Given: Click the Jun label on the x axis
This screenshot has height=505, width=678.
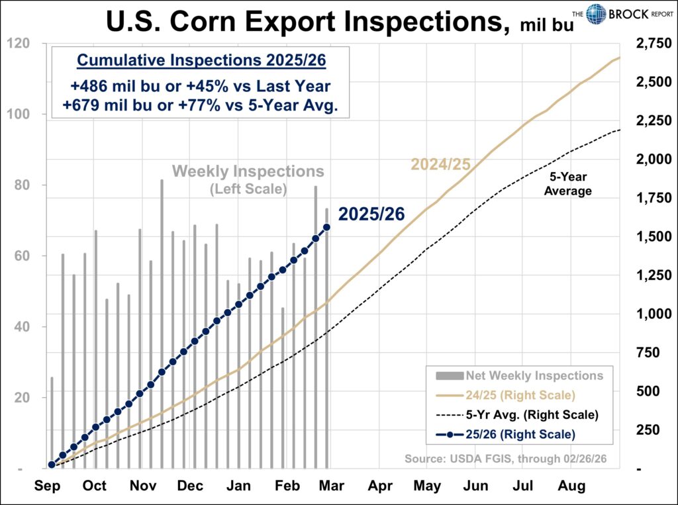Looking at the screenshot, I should coord(475,486).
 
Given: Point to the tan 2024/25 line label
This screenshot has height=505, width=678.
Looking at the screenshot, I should coord(440,164).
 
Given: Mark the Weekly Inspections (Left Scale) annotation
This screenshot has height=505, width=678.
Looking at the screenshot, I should coord(248,179).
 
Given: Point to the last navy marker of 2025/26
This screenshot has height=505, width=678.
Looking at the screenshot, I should coord(326,227).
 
